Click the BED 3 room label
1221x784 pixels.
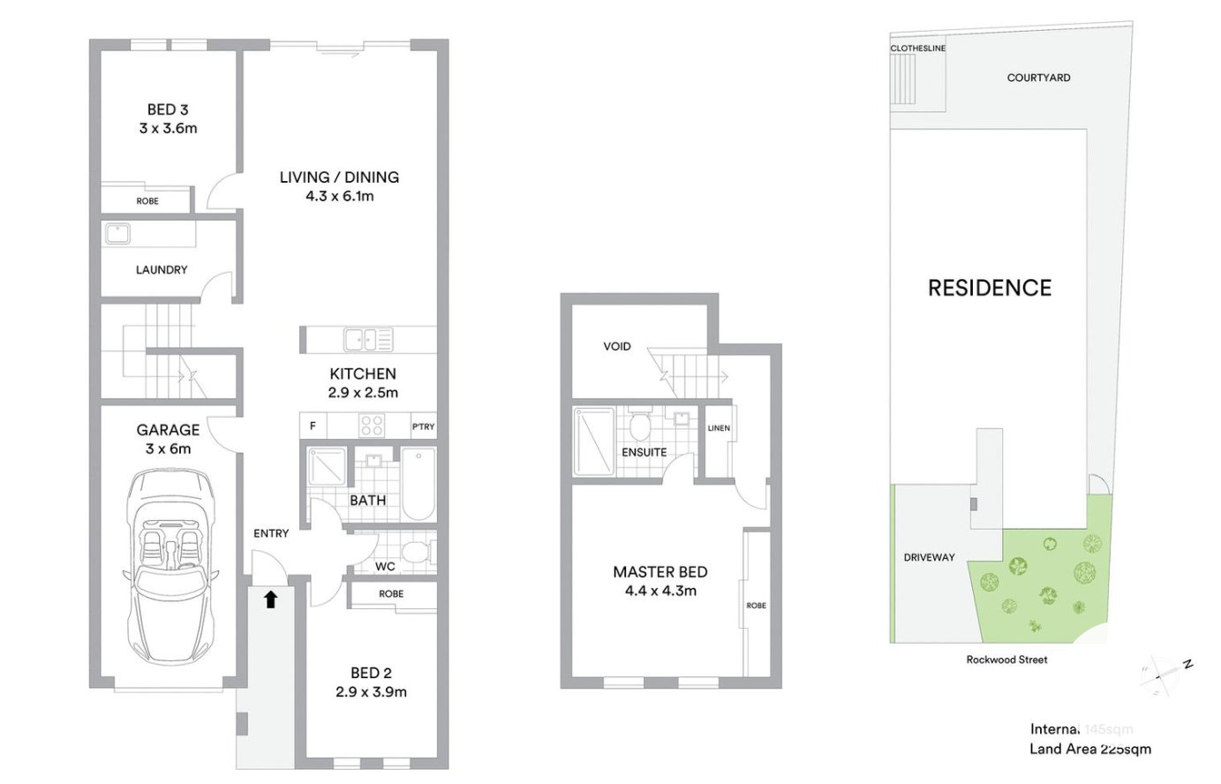pos(168,109)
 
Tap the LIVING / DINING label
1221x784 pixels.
pos(339,177)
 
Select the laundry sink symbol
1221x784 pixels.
pos(117,233)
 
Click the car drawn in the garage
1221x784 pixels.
pos(169,566)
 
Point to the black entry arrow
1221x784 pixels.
pos(271,600)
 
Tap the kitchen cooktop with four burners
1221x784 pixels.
pos(372,426)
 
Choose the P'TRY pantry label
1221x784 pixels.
pos(424,426)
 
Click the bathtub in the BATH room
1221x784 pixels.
pos(418,484)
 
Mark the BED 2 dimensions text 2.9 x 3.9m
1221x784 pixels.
pos(371,692)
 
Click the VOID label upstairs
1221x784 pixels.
pos(617,346)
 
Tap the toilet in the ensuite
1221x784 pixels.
pos(640,426)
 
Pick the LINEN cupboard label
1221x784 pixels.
pos(719,428)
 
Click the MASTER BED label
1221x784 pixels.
pos(660,572)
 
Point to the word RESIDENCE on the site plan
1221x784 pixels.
pos(990,288)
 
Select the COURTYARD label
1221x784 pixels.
pos(1038,78)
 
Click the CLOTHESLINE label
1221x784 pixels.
pos(917,49)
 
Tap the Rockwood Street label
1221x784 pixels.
pos(1006,660)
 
